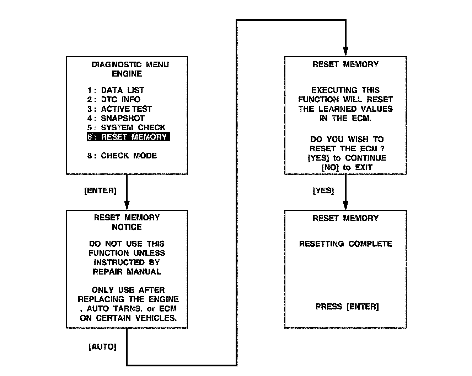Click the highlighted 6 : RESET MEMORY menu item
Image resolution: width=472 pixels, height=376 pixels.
[x=128, y=137]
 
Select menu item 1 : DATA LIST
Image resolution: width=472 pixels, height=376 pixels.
[x=116, y=90]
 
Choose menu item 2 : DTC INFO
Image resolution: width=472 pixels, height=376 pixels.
[x=114, y=99]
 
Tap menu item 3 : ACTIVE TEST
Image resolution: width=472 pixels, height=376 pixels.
[x=120, y=109]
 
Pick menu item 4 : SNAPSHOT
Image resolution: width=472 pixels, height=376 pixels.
[x=116, y=118]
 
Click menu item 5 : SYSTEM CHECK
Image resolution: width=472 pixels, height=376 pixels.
[x=126, y=127]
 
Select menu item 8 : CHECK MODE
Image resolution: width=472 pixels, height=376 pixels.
[x=122, y=156]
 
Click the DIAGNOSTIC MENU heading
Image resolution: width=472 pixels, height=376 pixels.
[x=130, y=65]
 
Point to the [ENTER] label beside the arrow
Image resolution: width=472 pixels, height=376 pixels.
[x=100, y=191]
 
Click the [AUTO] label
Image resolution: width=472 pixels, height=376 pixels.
[x=102, y=347]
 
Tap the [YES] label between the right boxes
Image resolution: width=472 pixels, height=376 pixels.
[x=323, y=191]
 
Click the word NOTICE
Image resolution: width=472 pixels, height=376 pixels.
[x=127, y=227]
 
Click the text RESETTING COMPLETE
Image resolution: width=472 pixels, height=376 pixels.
[x=345, y=244]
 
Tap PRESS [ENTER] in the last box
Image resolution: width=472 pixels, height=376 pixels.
[x=347, y=307]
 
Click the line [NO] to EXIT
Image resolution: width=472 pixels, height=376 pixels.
[x=347, y=167]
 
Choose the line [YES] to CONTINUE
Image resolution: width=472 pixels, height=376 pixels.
[x=347, y=158]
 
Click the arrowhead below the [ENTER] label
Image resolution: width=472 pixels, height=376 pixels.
[x=127, y=205]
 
